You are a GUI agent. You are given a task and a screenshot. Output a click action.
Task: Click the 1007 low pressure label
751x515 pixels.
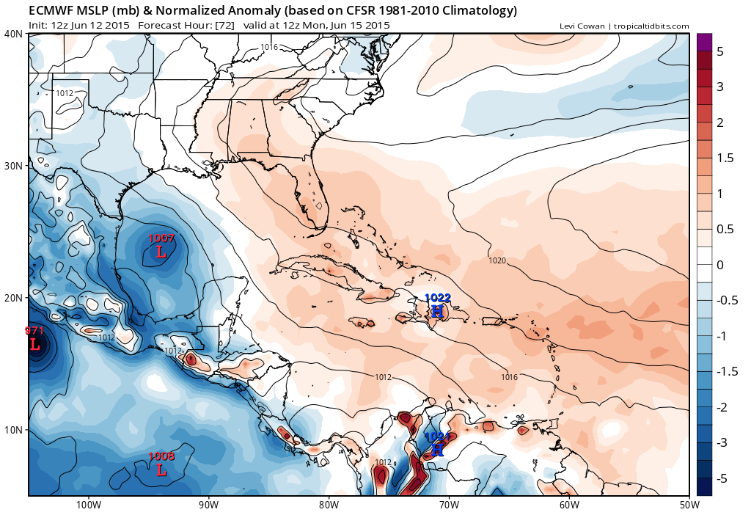tap(161, 238)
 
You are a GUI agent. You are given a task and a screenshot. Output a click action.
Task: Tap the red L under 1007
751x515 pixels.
tap(161, 252)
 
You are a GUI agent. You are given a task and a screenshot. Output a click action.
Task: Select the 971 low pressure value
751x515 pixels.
tap(35, 331)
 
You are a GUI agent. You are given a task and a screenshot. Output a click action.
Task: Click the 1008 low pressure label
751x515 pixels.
tap(161, 457)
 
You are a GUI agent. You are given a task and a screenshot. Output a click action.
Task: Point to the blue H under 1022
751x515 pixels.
tap(437, 311)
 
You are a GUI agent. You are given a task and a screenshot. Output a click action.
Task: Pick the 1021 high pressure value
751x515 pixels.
tap(438, 437)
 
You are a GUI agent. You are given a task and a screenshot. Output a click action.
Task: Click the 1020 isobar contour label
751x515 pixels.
tap(497, 260)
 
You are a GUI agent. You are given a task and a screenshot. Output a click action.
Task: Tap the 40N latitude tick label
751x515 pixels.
tap(12, 34)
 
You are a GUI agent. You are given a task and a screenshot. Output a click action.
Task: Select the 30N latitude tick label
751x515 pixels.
tap(12, 166)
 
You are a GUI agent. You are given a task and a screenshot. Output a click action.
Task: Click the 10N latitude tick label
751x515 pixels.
tap(12, 430)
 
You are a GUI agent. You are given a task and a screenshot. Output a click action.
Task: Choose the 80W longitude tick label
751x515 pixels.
tap(329, 505)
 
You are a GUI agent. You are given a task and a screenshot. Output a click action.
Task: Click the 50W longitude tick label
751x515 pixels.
tap(688, 505)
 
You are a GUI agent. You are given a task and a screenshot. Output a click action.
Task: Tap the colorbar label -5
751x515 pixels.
tap(720, 478)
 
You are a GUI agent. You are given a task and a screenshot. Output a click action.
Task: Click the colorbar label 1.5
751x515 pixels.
tap(724, 158)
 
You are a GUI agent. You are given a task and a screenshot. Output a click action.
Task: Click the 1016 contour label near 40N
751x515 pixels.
tap(269, 47)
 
